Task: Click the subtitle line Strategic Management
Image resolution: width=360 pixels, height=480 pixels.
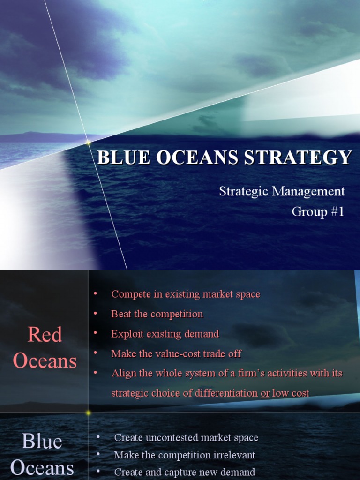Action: coord(282,191)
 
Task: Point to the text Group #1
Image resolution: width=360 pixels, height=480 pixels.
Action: coord(318,212)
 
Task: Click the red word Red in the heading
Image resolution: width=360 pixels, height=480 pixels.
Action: coord(45,335)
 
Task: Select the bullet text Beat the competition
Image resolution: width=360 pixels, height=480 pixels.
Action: coord(157,314)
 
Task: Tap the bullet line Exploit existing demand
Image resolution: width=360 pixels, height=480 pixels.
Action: coord(165,334)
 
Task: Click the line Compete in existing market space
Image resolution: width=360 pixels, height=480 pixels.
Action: coord(186,294)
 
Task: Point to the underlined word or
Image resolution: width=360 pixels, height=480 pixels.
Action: coord(265,393)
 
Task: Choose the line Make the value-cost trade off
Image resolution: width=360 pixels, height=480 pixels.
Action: coord(176,354)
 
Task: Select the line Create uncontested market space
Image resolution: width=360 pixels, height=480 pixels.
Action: coord(186,438)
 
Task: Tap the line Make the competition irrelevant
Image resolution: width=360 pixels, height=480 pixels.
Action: coord(185,455)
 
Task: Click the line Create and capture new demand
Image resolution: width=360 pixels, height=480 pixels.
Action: coord(185,472)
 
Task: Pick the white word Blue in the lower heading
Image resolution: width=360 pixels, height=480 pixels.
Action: coord(42,442)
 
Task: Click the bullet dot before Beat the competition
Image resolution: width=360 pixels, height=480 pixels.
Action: coord(96,313)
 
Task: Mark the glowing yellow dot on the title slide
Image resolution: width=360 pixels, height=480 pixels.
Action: coord(88,141)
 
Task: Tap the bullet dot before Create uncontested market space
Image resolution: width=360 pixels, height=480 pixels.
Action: coord(98,437)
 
